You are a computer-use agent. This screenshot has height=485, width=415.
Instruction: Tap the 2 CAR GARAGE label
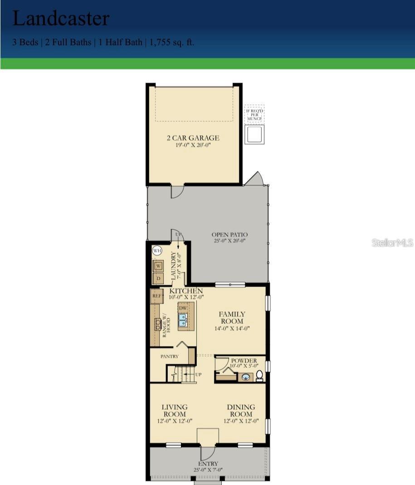tap(193, 138)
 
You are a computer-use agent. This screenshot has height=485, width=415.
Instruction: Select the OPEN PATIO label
tap(229, 235)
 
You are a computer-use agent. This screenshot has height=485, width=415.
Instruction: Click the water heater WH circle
tap(157, 250)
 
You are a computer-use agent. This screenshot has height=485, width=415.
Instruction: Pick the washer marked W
tap(159, 266)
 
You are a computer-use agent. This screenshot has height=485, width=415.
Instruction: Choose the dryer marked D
tap(159, 277)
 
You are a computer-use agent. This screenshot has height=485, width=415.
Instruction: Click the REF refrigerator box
tap(157, 296)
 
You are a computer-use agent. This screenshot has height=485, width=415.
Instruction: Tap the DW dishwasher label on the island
tap(183, 308)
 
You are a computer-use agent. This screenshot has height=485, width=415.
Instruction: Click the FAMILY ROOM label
tap(232, 317)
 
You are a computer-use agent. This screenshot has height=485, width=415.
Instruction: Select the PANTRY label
tap(169, 356)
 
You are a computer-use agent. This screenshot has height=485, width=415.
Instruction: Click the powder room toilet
tap(259, 376)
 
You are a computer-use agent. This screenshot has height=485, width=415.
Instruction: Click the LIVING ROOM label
tap(174, 411)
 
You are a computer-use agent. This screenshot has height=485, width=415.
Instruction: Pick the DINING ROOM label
tap(241, 411)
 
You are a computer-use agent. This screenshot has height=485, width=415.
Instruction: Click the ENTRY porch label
tap(208, 464)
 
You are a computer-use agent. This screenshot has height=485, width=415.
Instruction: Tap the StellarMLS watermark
tap(393, 243)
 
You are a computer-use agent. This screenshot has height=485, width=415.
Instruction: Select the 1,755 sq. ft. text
tap(172, 43)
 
